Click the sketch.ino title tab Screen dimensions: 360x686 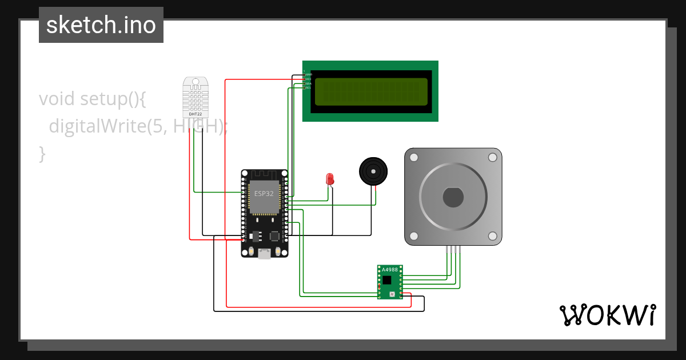pos(101,25)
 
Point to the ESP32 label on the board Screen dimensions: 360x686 pos(264,194)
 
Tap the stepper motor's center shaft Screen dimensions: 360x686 pos(453,198)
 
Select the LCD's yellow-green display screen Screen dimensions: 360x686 pos(371,92)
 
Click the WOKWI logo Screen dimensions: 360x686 pos(607,315)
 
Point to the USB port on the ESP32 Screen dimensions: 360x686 pos(264,254)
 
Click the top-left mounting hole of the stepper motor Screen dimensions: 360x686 pos(414,157)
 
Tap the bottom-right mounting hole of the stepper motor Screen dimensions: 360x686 pos(492,236)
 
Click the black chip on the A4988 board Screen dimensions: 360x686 pos(388,280)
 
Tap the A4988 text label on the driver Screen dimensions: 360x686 pos(389,270)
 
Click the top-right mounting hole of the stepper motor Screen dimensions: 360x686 pos(492,157)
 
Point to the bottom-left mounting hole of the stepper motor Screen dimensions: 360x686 pos(414,236)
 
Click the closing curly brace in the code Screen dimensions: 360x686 pos(42,153)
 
